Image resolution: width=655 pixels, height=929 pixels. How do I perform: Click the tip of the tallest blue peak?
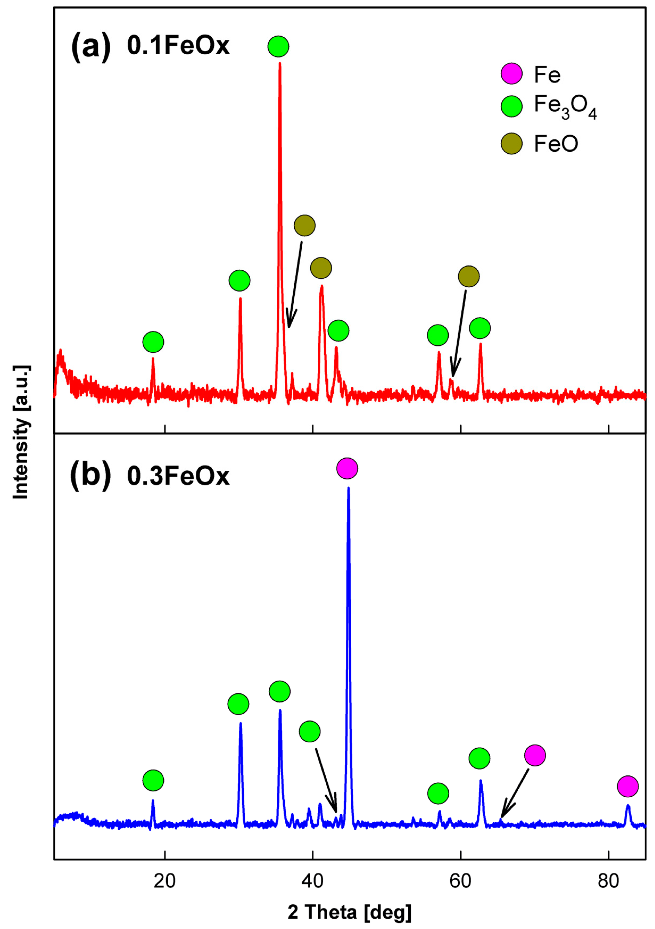(348, 489)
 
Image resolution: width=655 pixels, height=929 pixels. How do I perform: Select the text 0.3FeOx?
(178, 476)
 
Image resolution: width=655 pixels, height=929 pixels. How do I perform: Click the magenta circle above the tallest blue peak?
(347, 468)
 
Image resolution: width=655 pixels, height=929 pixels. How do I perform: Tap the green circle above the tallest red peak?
(278, 47)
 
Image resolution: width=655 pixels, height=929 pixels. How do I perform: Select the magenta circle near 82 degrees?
(627, 786)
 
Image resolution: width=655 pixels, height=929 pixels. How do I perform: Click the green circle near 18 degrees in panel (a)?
(153, 342)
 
